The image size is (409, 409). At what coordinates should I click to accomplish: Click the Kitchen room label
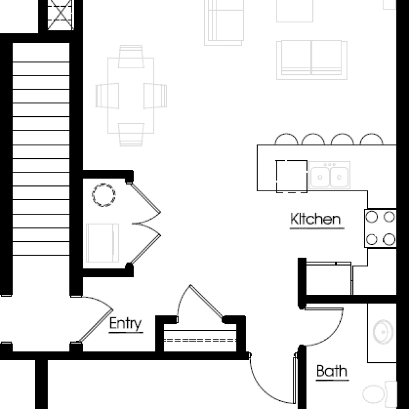pyautogui.click(x=316, y=219)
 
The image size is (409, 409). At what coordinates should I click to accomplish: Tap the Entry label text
pyautogui.click(x=125, y=324)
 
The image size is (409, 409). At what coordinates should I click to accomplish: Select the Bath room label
pyautogui.click(x=332, y=371)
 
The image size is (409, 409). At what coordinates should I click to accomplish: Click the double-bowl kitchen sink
pyautogui.click(x=330, y=175)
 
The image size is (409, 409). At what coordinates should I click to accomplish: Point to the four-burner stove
pyautogui.click(x=381, y=228)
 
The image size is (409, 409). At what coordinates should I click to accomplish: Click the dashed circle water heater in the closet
pyautogui.click(x=103, y=195)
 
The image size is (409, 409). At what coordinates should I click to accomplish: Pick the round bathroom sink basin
pyautogui.click(x=383, y=332)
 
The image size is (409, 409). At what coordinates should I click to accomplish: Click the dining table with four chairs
pyautogui.click(x=131, y=95)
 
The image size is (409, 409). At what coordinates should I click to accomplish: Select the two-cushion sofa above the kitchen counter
pyautogui.click(x=312, y=60)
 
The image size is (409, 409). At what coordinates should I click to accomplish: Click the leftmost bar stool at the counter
pyautogui.click(x=286, y=139)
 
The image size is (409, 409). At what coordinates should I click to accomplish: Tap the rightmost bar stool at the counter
pyautogui.click(x=371, y=139)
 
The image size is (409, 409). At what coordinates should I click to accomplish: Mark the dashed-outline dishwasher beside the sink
pyautogui.click(x=292, y=177)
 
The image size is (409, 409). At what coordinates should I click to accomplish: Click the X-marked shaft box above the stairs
pyautogui.click(x=60, y=14)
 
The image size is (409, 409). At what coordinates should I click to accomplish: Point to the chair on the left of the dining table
pyautogui.click(x=107, y=95)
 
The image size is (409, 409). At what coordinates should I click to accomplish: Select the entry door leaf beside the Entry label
pyautogui.click(x=96, y=326)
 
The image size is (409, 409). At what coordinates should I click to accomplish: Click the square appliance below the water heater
pyautogui.click(x=103, y=243)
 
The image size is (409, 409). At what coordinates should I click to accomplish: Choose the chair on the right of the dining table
pyautogui.click(x=155, y=95)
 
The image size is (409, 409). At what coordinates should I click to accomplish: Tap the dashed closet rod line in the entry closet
pyautogui.click(x=200, y=340)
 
